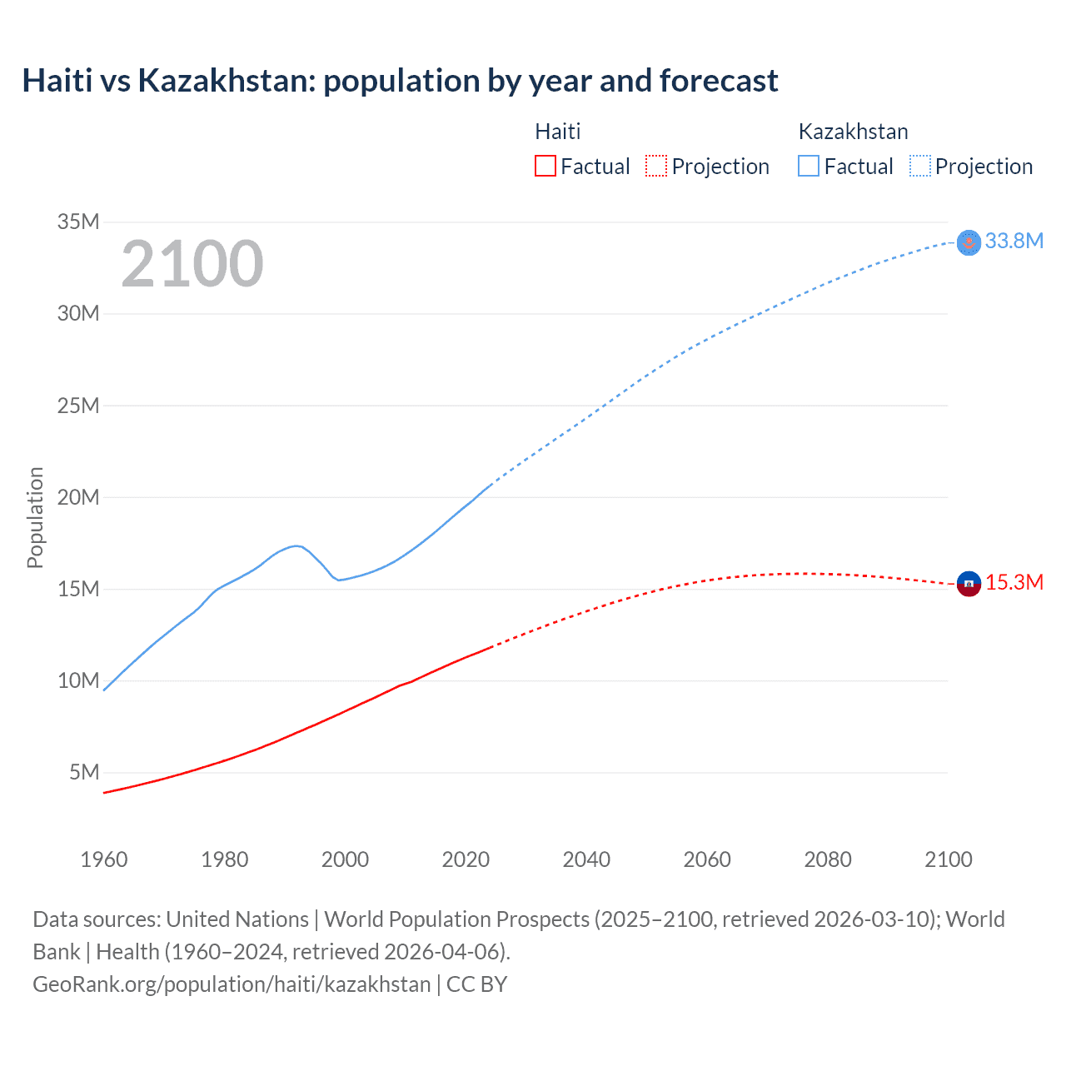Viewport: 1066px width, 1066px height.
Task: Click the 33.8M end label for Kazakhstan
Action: pyautogui.click(x=1014, y=242)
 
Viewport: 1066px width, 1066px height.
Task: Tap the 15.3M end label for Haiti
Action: pyautogui.click(x=1014, y=583)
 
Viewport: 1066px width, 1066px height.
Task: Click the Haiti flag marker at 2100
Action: pyautogui.click(x=969, y=584)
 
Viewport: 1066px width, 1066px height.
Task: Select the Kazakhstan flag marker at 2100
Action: pyautogui.click(x=969, y=242)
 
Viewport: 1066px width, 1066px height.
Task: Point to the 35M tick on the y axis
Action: pyautogui.click(x=78, y=222)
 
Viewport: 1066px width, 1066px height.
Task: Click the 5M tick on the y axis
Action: pyautogui.click(x=84, y=772)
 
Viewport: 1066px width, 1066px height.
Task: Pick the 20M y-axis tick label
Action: pyautogui.click(x=78, y=497)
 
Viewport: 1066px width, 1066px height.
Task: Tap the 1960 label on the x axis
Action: pyautogui.click(x=104, y=859)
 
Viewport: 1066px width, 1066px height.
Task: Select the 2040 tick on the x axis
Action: pyautogui.click(x=586, y=859)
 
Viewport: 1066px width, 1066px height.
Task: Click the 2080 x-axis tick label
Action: pyautogui.click(x=828, y=859)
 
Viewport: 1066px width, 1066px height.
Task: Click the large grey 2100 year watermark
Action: pyautogui.click(x=192, y=264)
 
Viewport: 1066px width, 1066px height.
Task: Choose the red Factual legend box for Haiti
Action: pyautogui.click(x=545, y=166)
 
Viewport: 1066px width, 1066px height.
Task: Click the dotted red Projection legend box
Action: pyautogui.click(x=656, y=166)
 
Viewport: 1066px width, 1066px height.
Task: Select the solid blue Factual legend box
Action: pyautogui.click(x=809, y=166)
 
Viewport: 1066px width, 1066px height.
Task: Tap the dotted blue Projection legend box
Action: pyautogui.click(x=919, y=166)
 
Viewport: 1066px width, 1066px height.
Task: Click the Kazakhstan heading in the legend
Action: pyautogui.click(x=853, y=132)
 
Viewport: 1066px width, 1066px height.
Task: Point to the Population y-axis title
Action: pyautogui.click(x=35, y=517)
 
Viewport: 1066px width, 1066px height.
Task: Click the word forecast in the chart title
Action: pyautogui.click(x=719, y=81)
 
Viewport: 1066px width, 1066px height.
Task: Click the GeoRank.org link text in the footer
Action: pyautogui.click(x=232, y=984)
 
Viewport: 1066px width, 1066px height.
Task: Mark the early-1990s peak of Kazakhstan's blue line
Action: pyautogui.click(x=296, y=545)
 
